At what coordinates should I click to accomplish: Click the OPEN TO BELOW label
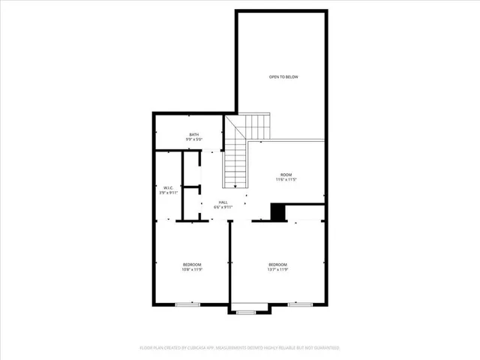(x=283, y=77)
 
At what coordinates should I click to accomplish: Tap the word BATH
(x=193, y=134)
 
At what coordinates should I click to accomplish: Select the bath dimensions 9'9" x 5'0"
(x=193, y=139)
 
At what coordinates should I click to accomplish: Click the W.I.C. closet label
(x=169, y=187)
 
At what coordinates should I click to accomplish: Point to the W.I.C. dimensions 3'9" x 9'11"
(x=169, y=193)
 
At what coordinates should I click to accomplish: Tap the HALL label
(x=223, y=202)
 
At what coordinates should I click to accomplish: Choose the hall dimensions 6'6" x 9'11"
(x=223, y=208)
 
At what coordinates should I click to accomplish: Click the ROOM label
(x=286, y=175)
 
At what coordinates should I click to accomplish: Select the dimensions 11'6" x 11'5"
(x=286, y=180)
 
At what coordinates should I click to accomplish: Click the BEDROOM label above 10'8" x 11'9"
(x=193, y=264)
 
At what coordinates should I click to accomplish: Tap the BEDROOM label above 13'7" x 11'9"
(x=278, y=264)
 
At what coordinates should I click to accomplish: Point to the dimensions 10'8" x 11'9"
(x=193, y=269)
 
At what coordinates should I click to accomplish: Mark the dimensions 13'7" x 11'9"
(x=278, y=269)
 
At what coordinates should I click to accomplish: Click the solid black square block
(x=278, y=213)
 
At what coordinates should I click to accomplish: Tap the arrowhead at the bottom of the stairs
(x=235, y=187)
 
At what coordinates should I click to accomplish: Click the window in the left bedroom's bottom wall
(x=187, y=304)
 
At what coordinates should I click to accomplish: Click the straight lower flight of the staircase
(x=235, y=165)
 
